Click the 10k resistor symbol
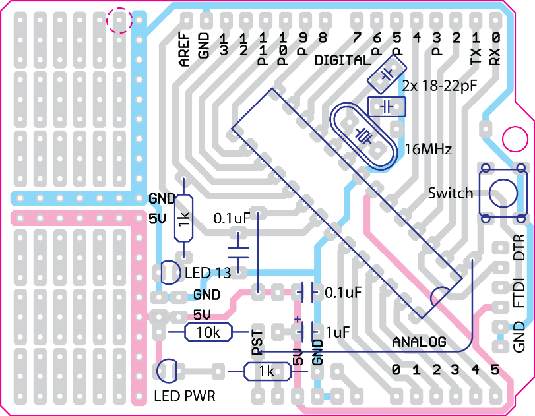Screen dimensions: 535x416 coord(208,332)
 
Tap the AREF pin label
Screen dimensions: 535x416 coord(184,49)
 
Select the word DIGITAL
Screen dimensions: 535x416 coord(342,61)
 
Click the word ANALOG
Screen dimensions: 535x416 coord(420,342)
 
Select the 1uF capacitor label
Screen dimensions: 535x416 coord(338,332)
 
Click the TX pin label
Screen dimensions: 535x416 coord(476,55)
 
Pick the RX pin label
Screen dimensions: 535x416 coord(495,56)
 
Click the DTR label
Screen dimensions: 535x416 coord(519,247)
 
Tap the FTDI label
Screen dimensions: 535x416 coord(519,293)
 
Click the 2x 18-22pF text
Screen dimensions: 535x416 coord(440,86)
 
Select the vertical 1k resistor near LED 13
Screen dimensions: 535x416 coord(183,218)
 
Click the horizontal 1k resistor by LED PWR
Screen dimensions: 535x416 coord(268,371)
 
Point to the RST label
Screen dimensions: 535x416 coord(258,343)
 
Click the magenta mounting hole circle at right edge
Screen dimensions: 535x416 coord(515,139)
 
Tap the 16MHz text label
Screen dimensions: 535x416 coord(428,149)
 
